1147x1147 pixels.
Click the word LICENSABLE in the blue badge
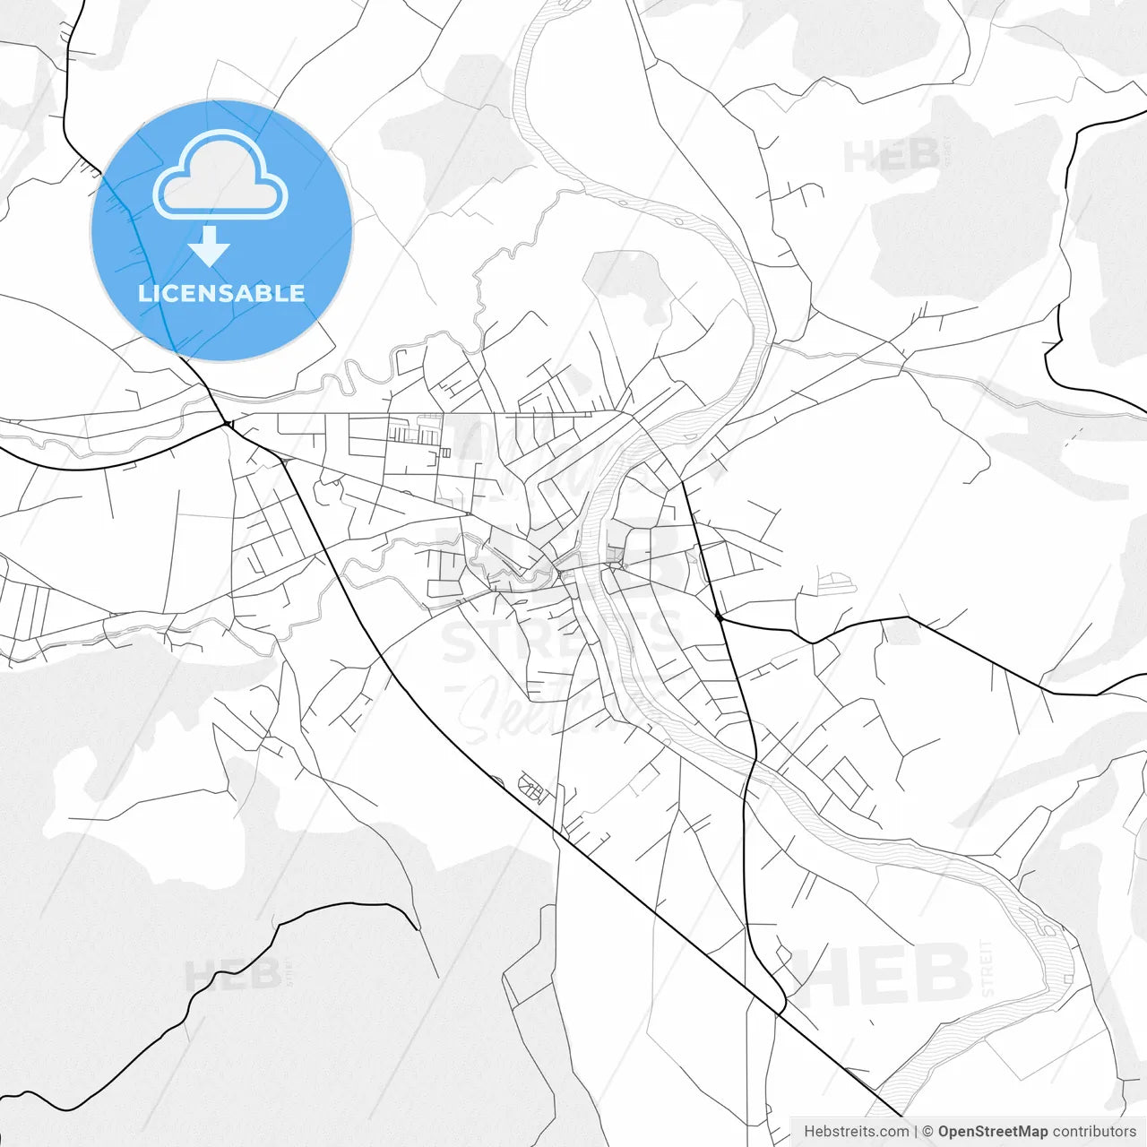[221, 293]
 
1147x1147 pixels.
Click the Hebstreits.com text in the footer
[856, 1132]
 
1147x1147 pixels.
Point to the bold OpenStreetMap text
[992, 1132]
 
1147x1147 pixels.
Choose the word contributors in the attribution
[1094, 1132]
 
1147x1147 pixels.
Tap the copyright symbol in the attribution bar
[928, 1132]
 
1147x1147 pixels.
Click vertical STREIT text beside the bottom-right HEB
[987, 968]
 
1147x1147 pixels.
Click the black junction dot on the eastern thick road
[720, 617]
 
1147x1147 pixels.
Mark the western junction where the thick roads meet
[228, 423]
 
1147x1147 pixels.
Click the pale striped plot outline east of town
[837, 583]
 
